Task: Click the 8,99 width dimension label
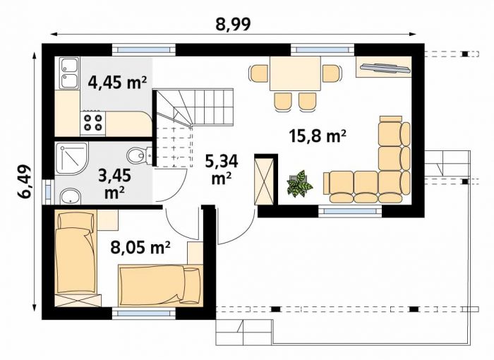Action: click(x=233, y=24)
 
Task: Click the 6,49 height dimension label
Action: click(x=24, y=182)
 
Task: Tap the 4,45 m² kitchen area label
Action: click(x=118, y=83)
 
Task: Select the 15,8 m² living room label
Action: click(x=318, y=136)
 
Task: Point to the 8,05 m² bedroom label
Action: click(x=140, y=247)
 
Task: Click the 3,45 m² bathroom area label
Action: click(x=114, y=183)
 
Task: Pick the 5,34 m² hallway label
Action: click(x=222, y=169)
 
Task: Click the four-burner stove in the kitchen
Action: click(x=92, y=123)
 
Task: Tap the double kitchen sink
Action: click(x=69, y=73)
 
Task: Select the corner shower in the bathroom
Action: click(x=71, y=159)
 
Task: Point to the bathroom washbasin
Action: click(x=71, y=197)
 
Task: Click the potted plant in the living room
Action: click(x=299, y=184)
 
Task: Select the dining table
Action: click(x=295, y=73)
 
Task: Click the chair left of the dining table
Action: click(x=258, y=73)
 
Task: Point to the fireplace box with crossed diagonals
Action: click(x=264, y=181)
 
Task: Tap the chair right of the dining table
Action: click(x=332, y=73)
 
